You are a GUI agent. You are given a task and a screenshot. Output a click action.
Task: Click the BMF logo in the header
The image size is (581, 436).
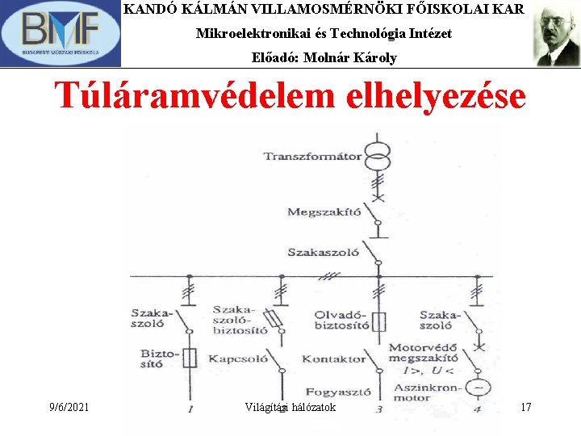[x=61, y=34]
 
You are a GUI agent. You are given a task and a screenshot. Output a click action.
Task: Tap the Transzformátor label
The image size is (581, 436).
[x=312, y=156]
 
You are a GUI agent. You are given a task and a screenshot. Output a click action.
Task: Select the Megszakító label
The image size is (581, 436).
[x=324, y=212]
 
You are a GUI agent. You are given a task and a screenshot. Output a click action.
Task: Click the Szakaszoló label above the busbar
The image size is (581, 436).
[x=323, y=252]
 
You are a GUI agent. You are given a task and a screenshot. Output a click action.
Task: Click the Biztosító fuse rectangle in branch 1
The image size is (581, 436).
[x=190, y=358]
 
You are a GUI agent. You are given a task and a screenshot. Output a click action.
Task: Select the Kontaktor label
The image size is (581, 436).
[x=333, y=358]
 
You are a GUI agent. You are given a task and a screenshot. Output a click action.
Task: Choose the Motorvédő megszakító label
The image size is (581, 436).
[x=423, y=355]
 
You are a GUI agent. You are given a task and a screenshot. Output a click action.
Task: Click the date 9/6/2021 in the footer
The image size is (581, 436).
[x=69, y=407]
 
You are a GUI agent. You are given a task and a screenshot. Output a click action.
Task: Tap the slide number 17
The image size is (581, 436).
[x=525, y=407]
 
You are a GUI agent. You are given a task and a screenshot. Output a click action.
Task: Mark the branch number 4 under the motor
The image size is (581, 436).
[x=477, y=409]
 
